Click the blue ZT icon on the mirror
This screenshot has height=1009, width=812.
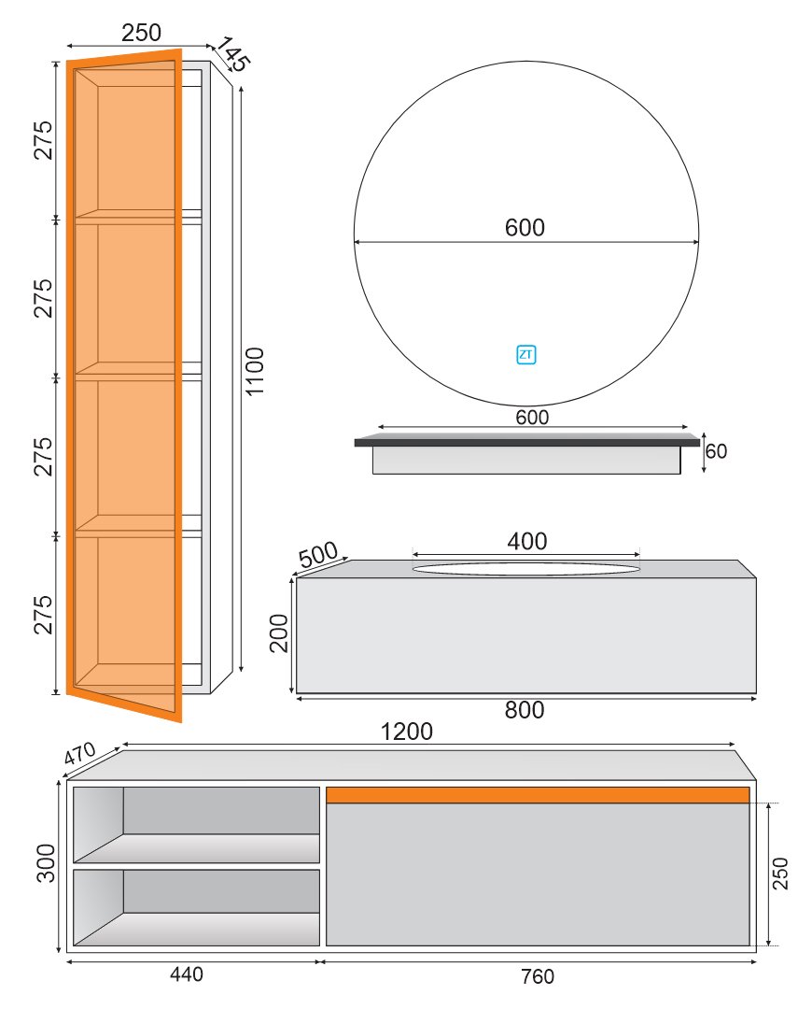pos(525,355)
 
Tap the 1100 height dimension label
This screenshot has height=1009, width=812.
pos(255,371)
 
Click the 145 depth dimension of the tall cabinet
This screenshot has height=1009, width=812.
pos(231,54)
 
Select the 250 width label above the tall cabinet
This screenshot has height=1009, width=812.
pos(142,32)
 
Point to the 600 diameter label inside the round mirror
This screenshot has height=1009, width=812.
pos(525,227)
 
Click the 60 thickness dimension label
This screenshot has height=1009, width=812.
pos(716,451)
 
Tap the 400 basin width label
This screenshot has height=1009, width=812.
pos(527,541)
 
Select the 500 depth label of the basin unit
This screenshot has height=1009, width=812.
pos(317,554)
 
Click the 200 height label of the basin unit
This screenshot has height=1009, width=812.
pos(279,633)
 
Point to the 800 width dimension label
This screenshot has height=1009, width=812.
pos(525,710)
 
